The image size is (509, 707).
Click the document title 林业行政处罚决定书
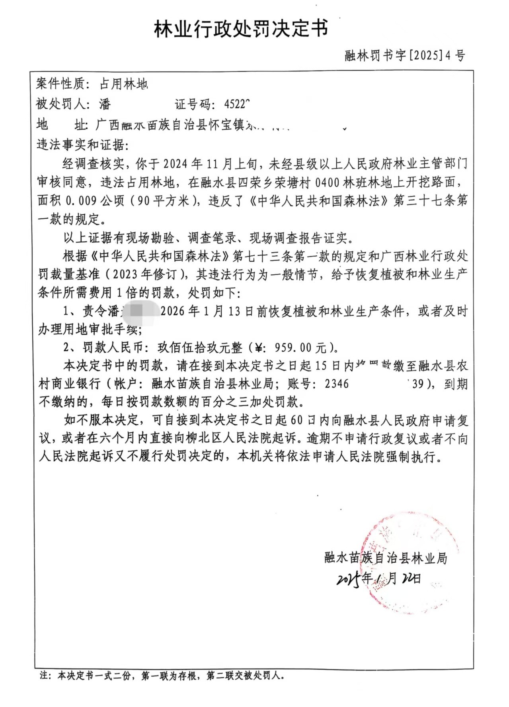click(241, 29)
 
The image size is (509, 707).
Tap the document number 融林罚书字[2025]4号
click(404, 56)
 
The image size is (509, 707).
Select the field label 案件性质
click(60, 84)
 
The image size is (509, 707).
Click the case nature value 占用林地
click(123, 84)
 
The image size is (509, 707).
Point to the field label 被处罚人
click(60, 104)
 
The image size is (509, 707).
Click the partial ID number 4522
click(236, 104)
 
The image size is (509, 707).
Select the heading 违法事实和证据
click(82, 145)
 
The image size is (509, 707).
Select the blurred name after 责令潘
click(139, 311)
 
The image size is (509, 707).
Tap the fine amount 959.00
click(293, 348)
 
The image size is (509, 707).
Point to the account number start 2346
click(336, 384)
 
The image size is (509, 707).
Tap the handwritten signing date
click(378, 579)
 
